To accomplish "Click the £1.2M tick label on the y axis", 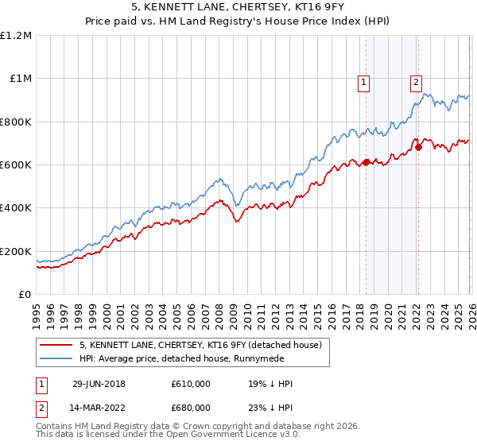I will pyautogui.click(x=16, y=36).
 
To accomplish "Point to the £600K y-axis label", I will pyautogui.click(x=16, y=165).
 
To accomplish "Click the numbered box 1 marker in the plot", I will pyautogui.click(x=363, y=80).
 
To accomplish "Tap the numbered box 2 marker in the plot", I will pyautogui.click(x=416, y=80).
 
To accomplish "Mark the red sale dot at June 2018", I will pyautogui.click(x=366, y=163).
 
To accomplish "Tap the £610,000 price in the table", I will pyautogui.click(x=190, y=384).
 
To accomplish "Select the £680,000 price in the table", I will pyautogui.click(x=190, y=408).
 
